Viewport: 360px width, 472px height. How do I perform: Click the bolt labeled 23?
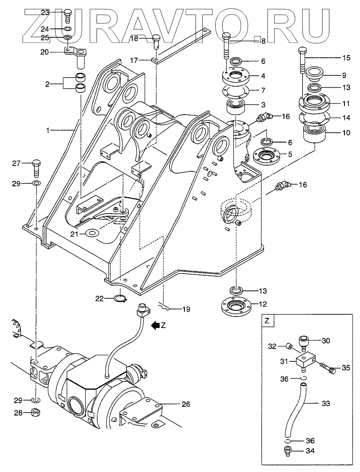(68, 16)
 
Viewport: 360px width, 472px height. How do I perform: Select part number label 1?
(48, 131)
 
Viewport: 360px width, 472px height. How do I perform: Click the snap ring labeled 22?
(121, 298)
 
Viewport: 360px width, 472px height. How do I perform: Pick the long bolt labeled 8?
(226, 48)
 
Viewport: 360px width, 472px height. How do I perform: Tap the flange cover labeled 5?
(267, 155)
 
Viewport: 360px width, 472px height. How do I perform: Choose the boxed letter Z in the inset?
(267, 321)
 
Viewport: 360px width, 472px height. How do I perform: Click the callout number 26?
(186, 404)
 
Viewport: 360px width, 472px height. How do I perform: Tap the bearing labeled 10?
(314, 135)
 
